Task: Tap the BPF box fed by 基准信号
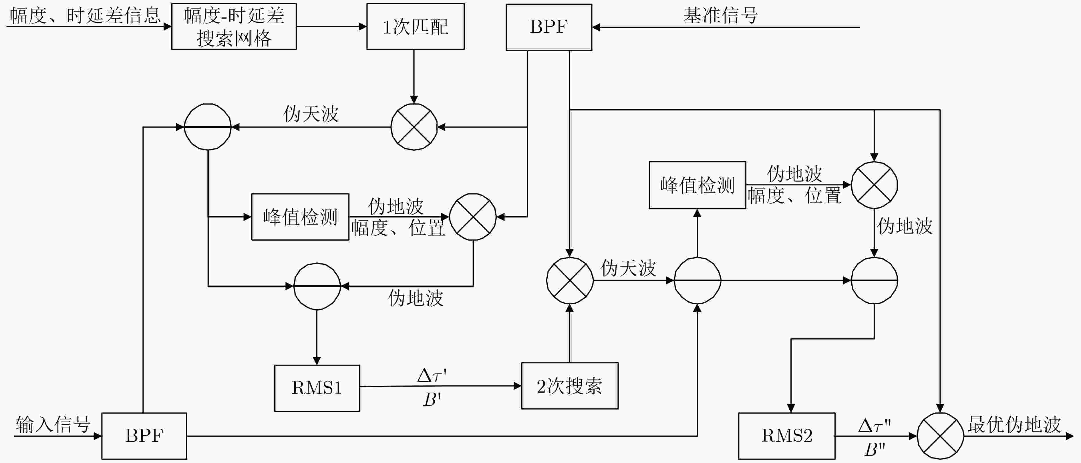(x=549, y=27)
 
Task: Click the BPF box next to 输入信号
(x=144, y=436)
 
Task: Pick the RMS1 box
(x=317, y=388)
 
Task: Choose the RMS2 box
(x=786, y=436)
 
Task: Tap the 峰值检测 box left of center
(x=300, y=217)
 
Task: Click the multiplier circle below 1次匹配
(x=414, y=127)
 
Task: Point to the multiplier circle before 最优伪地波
(x=940, y=436)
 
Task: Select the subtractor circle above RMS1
(x=317, y=286)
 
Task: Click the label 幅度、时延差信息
(x=85, y=15)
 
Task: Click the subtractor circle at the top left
(x=208, y=127)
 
